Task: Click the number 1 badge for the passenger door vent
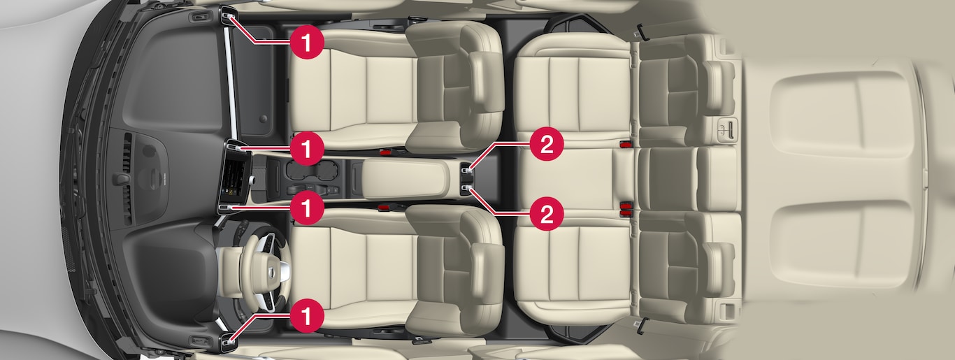click(x=306, y=42)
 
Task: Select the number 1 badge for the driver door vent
click(x=306, y=317)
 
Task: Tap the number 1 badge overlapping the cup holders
click(x=306, y=149)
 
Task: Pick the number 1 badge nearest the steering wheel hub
click(x=306, y=208)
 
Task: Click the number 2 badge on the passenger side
click(x=547, y=144)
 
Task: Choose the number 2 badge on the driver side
click(x=547, y=214)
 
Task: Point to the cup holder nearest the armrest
click(x=329, y=170)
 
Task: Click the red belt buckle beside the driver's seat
click(x=385, y=208)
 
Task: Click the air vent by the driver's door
click(x=228, y=341)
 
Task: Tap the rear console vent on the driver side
click(x=468, y=189)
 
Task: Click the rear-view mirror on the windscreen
click(x=121, y=179)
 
